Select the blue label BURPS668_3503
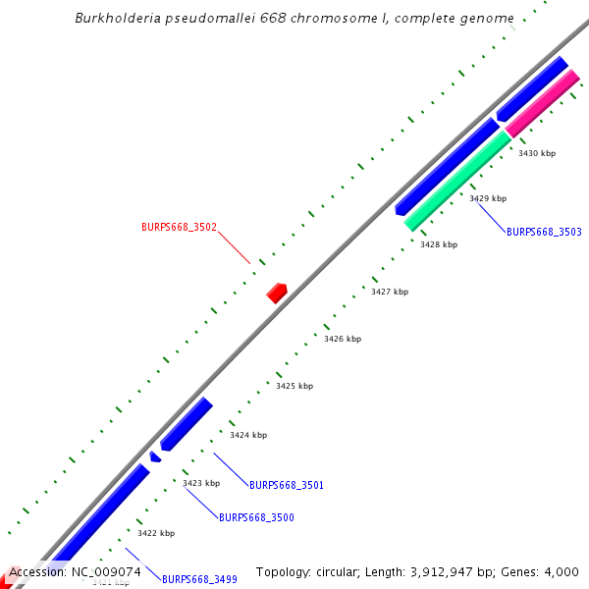[x=544, y=232]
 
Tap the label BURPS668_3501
[x=287, y=485]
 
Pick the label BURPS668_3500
[x=256, y=516]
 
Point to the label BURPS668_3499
[x=199, y=579]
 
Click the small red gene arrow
[x=277, y=292]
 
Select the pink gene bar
[x=542, y=105]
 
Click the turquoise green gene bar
[x=457, y=182]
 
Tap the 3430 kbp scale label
[x=537, y=153]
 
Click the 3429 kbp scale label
[x=488, y=198]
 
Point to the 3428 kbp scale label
[x=439, y=244]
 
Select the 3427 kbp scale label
[x=390, y=292]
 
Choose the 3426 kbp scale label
[x=343, y=339]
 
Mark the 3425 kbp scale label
[x=294, y=386]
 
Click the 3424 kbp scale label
[x=248, y=435]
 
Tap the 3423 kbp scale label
[x=201, y=483]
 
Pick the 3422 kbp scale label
[x=156, y=533]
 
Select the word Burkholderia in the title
[x=119, y=19]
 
